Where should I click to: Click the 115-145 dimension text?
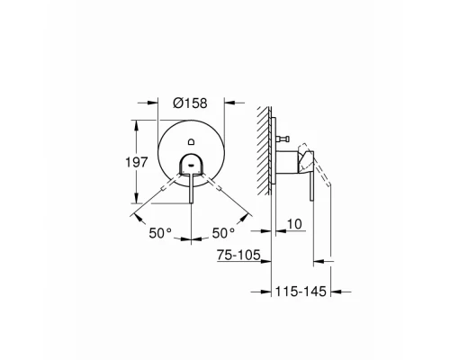coord(301,292)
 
